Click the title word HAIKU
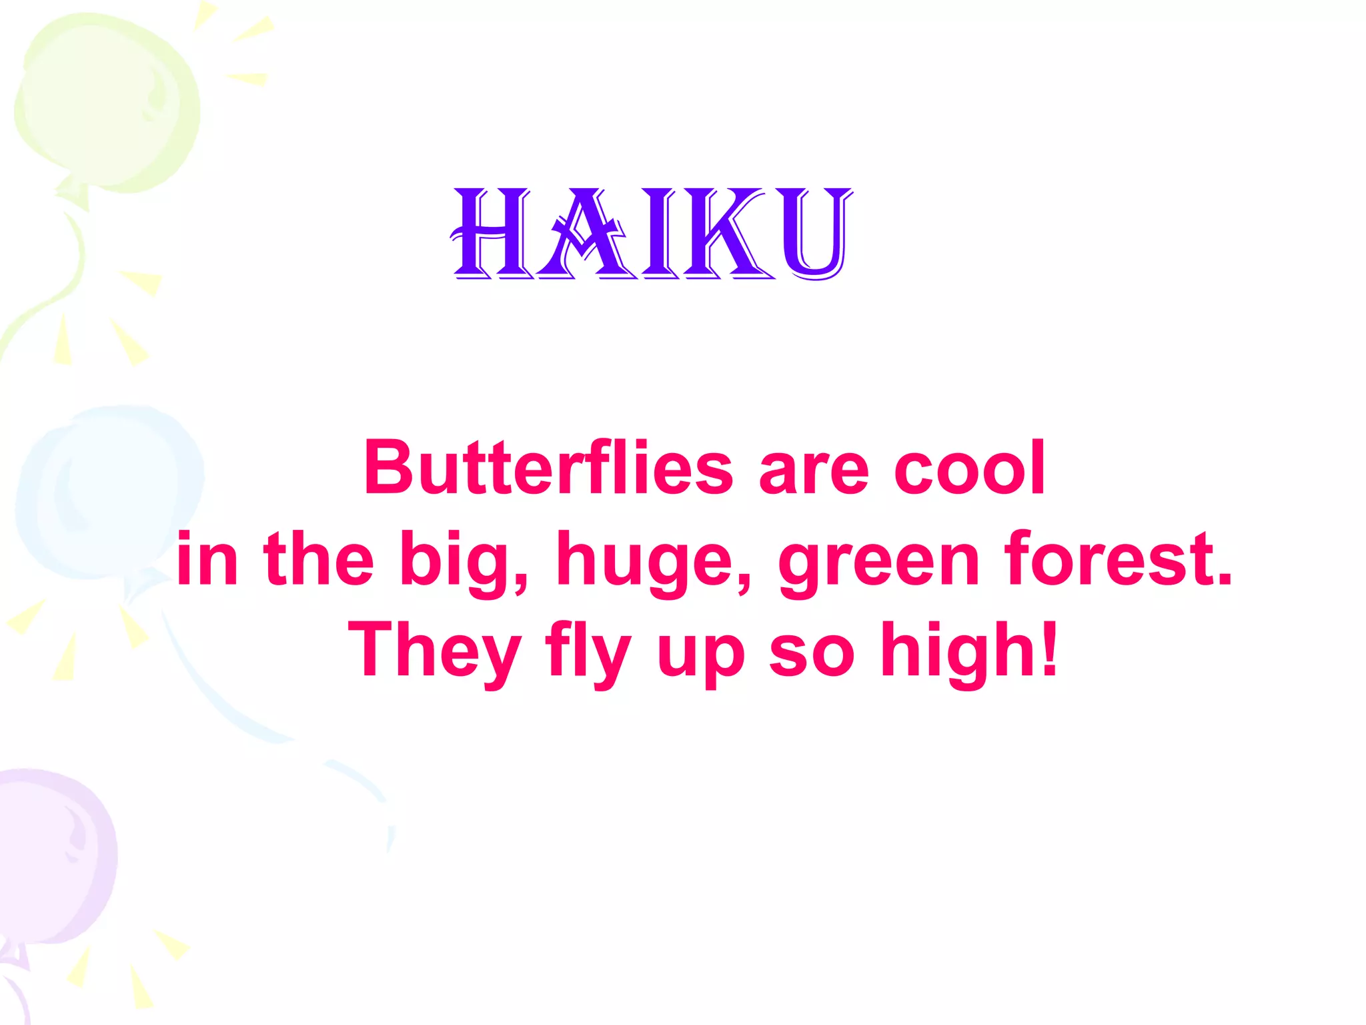coord(652,233)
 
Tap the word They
coord(434,651)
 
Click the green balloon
coord(107,100)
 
